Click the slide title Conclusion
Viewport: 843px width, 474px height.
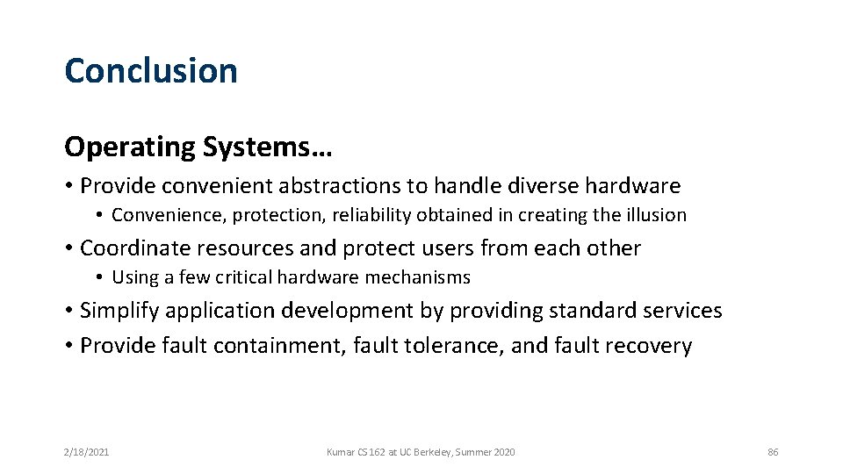click(151, 71)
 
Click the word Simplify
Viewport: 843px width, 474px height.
click(119, 311)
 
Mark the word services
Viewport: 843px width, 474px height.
click(683, 311)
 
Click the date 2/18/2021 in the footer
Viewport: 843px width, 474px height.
click(86, 452)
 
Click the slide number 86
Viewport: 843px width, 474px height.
click(773, 452)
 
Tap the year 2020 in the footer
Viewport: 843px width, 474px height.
click(503, 452)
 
